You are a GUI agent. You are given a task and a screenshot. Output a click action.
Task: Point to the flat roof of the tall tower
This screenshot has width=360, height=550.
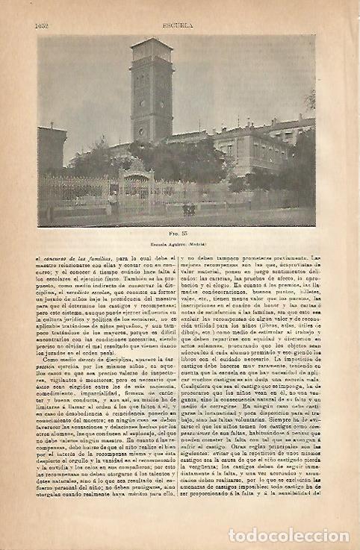[151, 43]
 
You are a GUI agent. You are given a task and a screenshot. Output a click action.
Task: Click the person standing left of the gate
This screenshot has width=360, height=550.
[113, 201]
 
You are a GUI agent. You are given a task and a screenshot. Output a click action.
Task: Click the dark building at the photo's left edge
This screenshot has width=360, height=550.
[52, 153]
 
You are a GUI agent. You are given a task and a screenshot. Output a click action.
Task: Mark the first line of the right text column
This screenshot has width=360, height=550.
[250, 257]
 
